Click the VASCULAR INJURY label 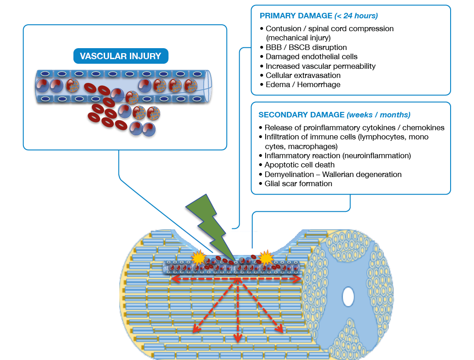pyautogui.click(x=121, y=56)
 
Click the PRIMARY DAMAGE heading pyautogui.click(x=296, y=16)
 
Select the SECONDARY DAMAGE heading pyautogui.click(x=301, y=115)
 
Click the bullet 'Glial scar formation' pyautogui.click(x=298, y=183)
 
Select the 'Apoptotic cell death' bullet pyautogui.click(x=300, y=165)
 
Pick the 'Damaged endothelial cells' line pyautogui.click(x=312, y=57)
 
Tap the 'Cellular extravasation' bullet pyautogui.click(x=303, y=75)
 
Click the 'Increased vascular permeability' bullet pyautogui.click(x=320, y=66)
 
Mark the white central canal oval pyautogui.click(x=349, y=297)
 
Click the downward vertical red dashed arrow pyautogui.click(x=237, y=312)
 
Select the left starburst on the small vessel pyautogui.click(x=199, y=258)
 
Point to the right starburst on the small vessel pyautogui.click(x=266, y=258)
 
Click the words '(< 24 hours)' pyautogui.click(x=356, y=16)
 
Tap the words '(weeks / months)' pyautogui.click(x=379, y=115)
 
